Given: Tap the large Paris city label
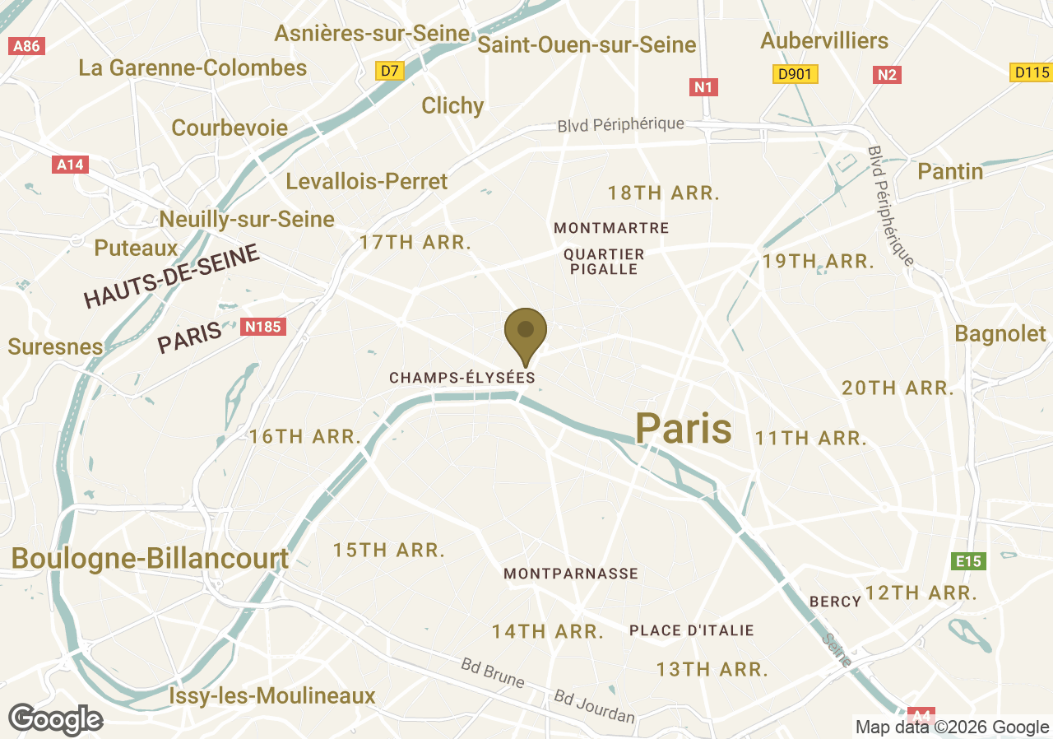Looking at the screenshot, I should (x=684, y=429).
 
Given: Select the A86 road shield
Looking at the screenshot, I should (x=26, y=46).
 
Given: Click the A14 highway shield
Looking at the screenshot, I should (x=71, y=165).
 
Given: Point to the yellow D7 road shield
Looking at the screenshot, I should (x=389, y=71).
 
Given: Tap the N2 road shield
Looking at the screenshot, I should (x=887, y=75).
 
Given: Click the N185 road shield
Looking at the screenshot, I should (x=263, y=327).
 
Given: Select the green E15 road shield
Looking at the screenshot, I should (x=968, y=561).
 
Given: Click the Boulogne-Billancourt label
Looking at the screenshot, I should (x=150, y=558).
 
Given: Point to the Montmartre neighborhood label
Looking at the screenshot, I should (x=611, y=228).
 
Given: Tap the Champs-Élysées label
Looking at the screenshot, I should (x=462, y=378).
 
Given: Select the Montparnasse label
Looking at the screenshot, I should (x=571, y=574).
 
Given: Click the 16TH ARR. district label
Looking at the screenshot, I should (x=305, y=437).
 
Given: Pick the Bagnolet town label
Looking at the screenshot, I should (x=1000, y=333).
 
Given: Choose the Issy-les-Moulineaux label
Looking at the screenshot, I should (x=271, y=695).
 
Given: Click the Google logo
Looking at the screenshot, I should (x=55, y=719).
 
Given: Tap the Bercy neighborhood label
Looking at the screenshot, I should (x=835, y=602).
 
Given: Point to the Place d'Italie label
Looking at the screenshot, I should (x=691, y=630).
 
